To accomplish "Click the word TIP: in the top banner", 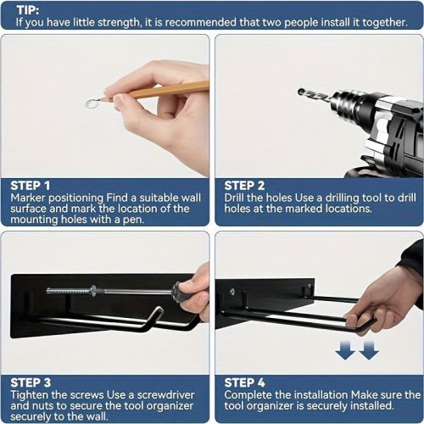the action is (28, 10).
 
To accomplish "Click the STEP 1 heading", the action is (31, 186).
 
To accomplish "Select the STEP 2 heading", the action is (244, 186).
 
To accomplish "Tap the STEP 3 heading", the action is (31, 382).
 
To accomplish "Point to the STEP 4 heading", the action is (244, 382).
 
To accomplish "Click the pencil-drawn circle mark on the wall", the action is (92, 103).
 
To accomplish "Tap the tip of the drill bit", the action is (300, 92).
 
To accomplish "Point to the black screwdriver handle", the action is (179, 292).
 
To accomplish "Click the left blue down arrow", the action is (345, 350).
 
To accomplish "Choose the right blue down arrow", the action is (369, 350).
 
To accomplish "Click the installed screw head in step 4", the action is (232, 292).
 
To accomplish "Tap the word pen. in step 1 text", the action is (133, 220).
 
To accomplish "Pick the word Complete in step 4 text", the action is (248, 395).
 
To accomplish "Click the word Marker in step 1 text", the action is (28, 198).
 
